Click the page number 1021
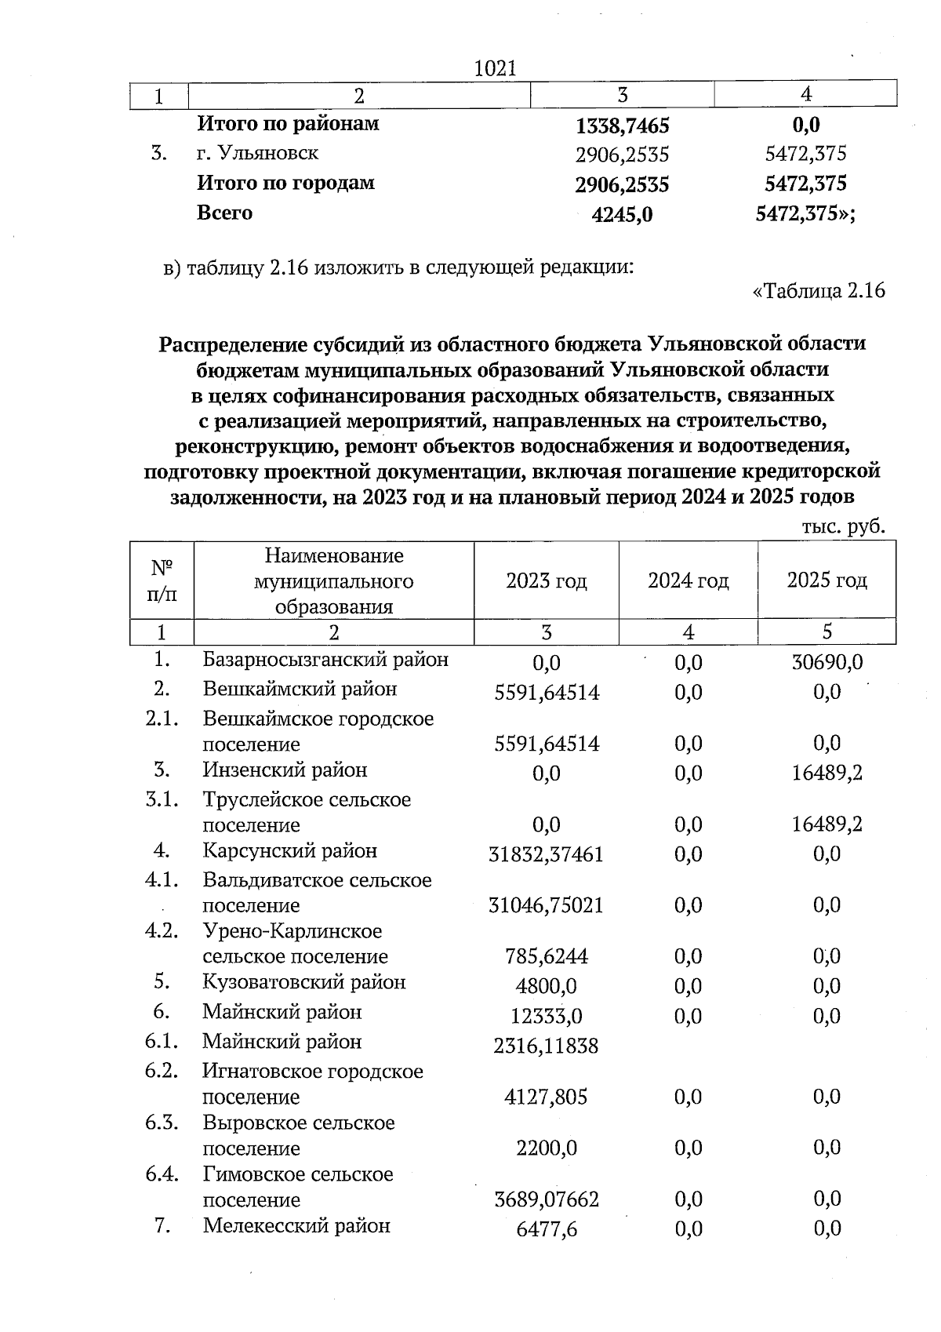click(x=496, y=68)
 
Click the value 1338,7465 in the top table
click(x=622, y=126)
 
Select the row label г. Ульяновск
click(x=257, y=153)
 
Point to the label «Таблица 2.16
click(x=819, y=291)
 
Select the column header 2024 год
click(x=688, y=581)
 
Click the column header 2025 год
click(x=827, y=580)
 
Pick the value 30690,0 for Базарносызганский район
click(x=827, y=662)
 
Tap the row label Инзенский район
click(x=285, y=770)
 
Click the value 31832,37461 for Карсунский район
click(x=546, y=854)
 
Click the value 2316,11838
click(x=546, y=1046)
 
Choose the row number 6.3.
click(x=162, y=1123)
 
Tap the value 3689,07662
click(x=546, y=1200)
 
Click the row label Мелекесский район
click(x=296, y=1226)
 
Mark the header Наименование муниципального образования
click(x=333, y=581)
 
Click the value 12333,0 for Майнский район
click(x=546, y=1017)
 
